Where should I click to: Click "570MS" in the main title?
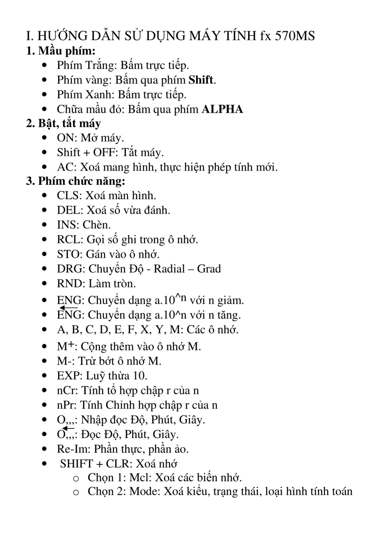tap(295, 36)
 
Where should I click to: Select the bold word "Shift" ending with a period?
tap(202, 80)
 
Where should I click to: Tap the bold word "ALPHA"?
tap(222, 109)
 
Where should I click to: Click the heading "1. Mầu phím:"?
tap(61, 51)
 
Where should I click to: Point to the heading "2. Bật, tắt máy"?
tap(63, 123)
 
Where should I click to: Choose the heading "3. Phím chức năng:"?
tap(76, 181)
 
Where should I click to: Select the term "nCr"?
tap(66, 391)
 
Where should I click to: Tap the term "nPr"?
tap(66, 405)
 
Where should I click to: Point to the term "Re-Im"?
tap(73, 449)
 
